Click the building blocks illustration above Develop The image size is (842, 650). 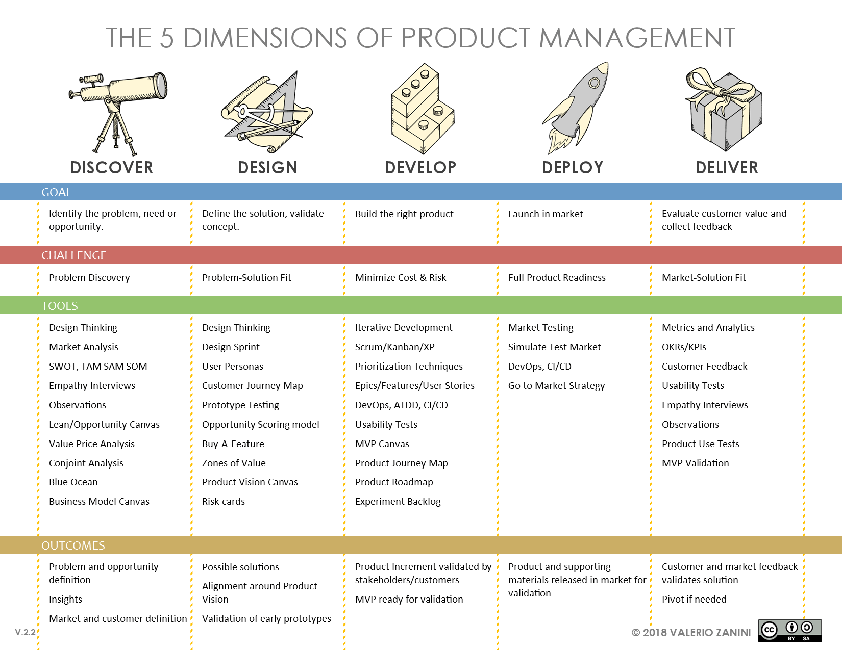[x=422, y=109]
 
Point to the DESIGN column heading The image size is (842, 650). [x=267, y=167]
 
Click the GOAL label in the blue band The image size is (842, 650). [x=57, y=192]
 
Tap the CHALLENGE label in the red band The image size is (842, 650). [x=74, y=255]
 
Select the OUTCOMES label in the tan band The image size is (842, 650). [x=73, y=545]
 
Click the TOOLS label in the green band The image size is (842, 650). [x=60, y=306]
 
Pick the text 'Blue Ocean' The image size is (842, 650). [x=73, y=482]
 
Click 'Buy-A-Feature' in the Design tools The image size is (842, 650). [x=233, y=444]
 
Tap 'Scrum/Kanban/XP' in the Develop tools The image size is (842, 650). [x=395, y=347]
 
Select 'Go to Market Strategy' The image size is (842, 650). [x=556, y=386]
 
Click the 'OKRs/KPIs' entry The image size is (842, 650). [x=684, y=347]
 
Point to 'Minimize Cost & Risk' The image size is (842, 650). [x=401, y=278]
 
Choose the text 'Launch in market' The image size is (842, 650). [x=546, y=214]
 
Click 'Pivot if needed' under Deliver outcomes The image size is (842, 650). [x=694, y=600]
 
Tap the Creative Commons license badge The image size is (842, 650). [x=789, y=631]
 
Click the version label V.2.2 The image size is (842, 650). [x=26, y=633]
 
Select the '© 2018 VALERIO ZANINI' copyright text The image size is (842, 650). [x=691, y=633]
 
